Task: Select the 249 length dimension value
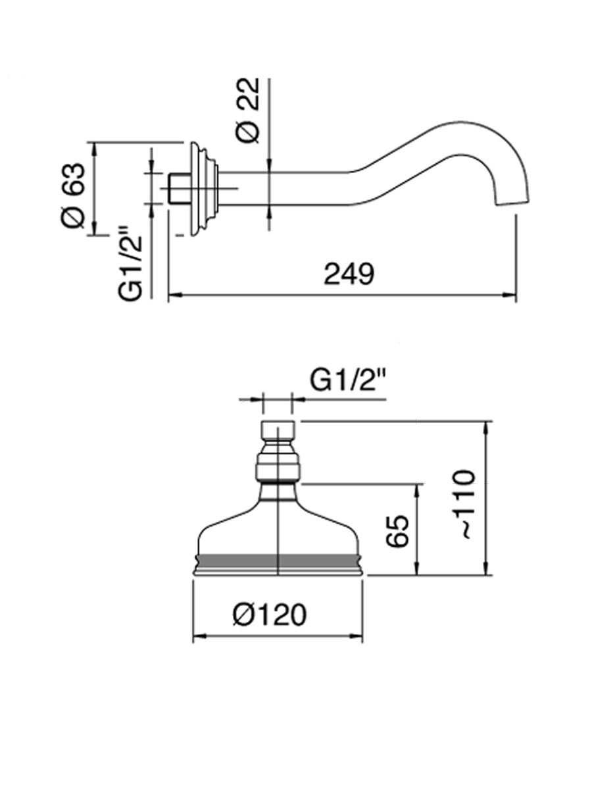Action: (x=349, y=274)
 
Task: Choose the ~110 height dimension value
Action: (x=465, y=504)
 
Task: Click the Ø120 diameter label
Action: (x=269, y=615)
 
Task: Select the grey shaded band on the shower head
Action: (x=278, y=561)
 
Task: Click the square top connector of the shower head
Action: (x=278, y=432)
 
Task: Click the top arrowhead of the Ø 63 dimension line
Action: (x=95, y=147)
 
